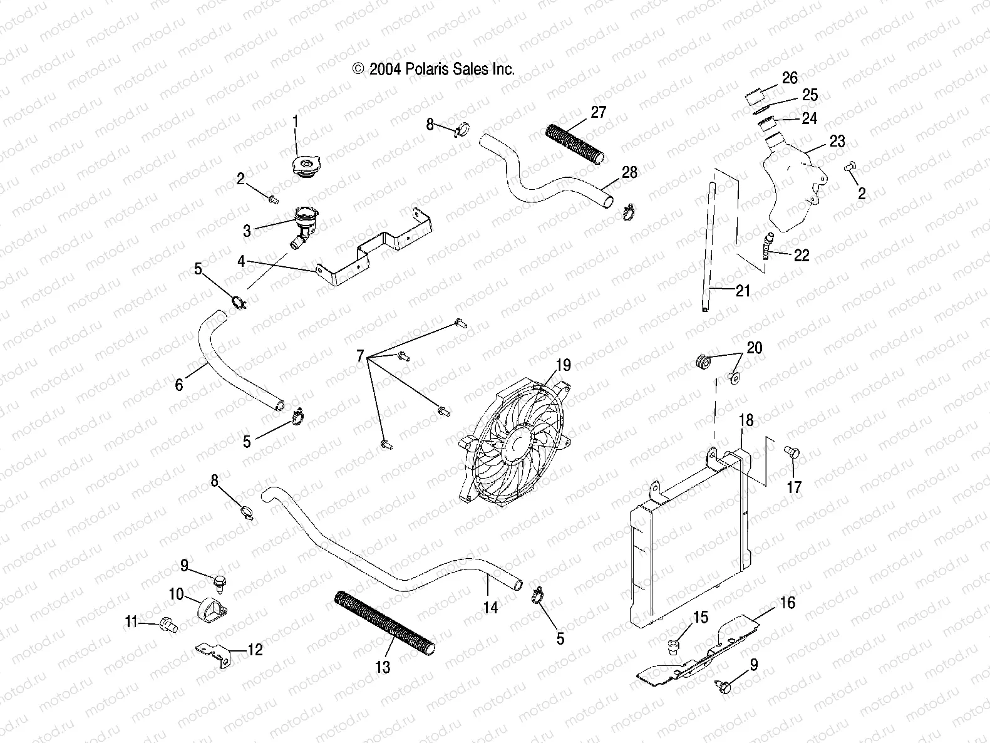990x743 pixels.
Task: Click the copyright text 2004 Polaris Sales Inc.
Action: [x=434, y=69]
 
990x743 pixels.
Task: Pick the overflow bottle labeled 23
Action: [x=790, y=188]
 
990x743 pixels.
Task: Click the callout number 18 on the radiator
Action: [x=747, y=420]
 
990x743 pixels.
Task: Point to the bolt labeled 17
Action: [x=790, y=452]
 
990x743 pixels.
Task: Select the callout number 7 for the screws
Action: [x=360, y=357]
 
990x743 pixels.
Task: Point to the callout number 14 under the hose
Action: [x=490, y=607]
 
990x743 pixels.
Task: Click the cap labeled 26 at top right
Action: [x=756, y=97]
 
